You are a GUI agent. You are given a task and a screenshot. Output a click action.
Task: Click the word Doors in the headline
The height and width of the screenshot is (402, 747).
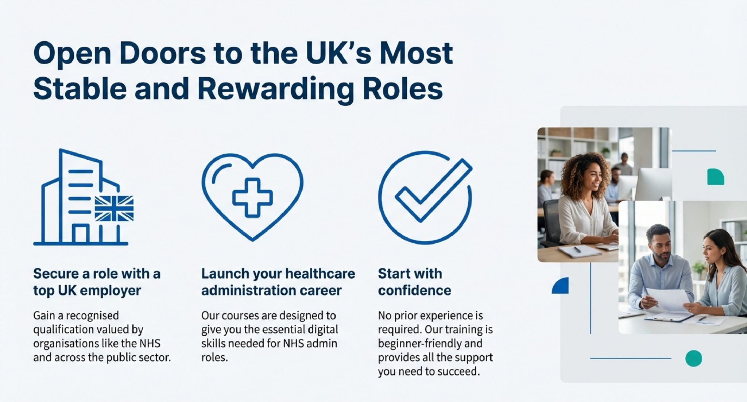[162, 53]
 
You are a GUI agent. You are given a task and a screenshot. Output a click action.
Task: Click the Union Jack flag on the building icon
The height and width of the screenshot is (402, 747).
[114, 209]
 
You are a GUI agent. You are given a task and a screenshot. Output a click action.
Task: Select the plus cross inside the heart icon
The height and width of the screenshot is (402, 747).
[252, 197]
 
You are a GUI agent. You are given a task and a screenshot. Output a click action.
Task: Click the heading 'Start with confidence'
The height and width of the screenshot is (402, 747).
[414, 282]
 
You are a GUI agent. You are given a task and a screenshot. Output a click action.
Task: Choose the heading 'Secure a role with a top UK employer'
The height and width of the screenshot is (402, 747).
[97, 282]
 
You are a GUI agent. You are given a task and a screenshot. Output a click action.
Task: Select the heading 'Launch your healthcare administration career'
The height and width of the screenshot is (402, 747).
[278, 282]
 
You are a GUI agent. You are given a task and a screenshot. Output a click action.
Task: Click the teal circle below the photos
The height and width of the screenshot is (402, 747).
[693, 358]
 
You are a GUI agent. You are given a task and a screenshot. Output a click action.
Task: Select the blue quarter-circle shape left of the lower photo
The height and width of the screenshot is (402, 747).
[561, 286]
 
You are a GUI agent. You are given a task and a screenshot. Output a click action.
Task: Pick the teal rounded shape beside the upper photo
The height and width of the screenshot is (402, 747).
[716, 177]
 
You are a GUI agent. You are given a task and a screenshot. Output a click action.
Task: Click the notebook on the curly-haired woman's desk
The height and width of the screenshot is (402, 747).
[580, 251]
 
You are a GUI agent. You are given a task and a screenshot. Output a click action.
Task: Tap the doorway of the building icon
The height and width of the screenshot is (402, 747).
[81, 234]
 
